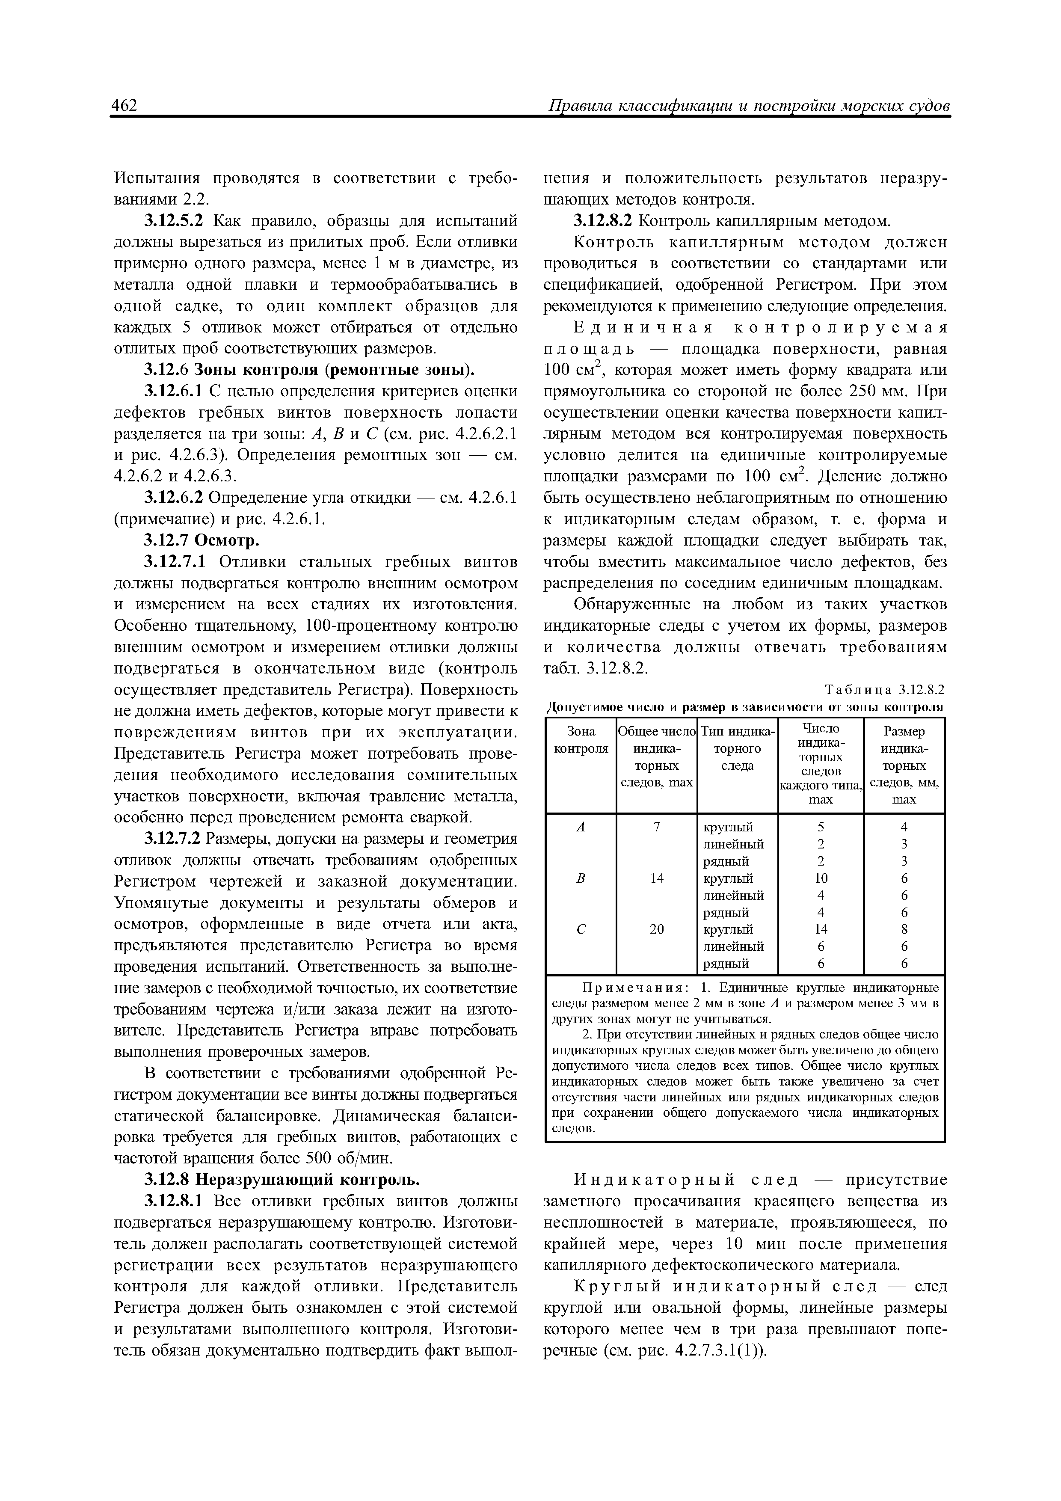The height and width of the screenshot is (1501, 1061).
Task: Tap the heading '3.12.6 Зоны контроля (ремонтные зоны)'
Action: [x=308, y=370]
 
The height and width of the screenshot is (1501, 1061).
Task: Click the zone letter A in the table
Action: [x=580, y=827]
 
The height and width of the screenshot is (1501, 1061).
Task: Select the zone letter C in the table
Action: [x=580, y=929]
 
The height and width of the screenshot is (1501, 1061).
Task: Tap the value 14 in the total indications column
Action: [x=656, y=878]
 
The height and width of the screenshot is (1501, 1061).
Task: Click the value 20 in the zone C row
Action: [x=656, y=929]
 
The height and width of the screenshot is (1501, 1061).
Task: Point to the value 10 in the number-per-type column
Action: [x=821, y=878]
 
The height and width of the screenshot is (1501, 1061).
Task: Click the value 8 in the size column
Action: [x=904, y=929]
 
